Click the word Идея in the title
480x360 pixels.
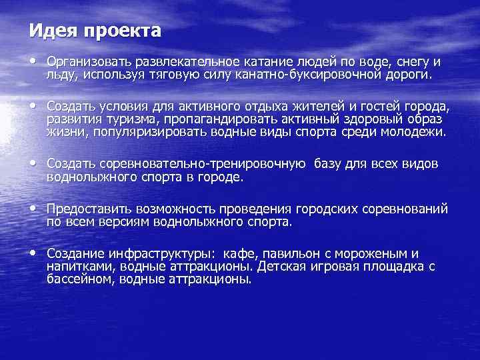point(49,31)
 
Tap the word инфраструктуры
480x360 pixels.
point(167,255)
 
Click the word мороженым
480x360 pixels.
point(374,255)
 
